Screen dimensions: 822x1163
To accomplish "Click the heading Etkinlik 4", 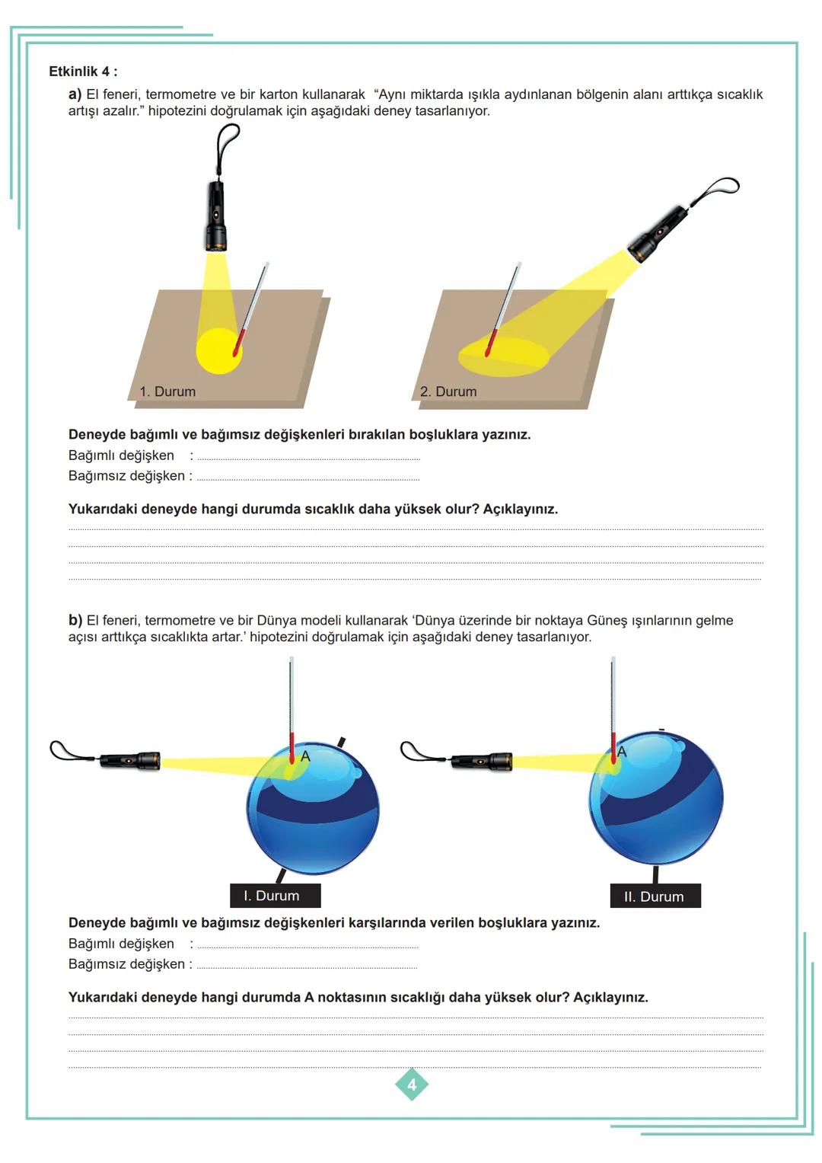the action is point(83,71).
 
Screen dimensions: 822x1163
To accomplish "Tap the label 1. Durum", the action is point(167,391).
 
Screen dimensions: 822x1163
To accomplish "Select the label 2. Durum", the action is point(448,391).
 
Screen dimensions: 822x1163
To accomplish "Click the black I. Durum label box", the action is point(275,896).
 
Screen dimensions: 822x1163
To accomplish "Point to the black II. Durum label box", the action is point(655,896).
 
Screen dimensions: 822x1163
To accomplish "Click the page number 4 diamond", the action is point(412,1085).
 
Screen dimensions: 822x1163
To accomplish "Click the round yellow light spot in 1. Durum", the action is point(219,351).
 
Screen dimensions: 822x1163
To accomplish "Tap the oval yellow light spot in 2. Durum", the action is point(503,356).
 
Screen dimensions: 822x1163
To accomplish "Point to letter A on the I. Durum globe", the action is point(305,756).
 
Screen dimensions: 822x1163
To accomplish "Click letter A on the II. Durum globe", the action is point(621,752).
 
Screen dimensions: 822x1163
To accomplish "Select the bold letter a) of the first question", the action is point(75,94).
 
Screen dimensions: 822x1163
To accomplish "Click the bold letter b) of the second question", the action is point(75,621).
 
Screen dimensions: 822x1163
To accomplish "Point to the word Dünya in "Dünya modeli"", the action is point(276,621).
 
